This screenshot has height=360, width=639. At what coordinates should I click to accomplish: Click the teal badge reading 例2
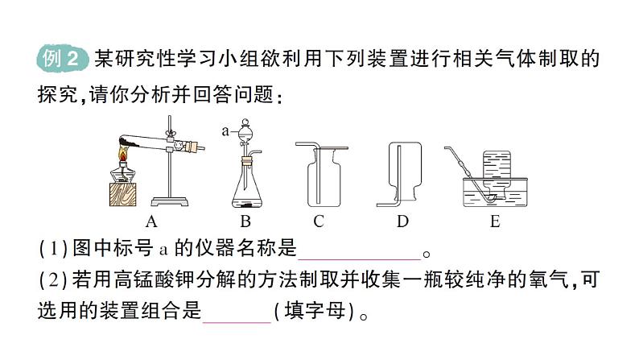[62, 58]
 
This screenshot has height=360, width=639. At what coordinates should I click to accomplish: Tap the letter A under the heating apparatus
[151, 221]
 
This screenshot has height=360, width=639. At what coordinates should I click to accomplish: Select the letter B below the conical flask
[245, 221]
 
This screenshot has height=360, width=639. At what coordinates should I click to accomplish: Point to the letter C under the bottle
[319, 221]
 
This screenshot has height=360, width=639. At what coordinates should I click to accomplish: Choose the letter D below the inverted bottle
[402, 221]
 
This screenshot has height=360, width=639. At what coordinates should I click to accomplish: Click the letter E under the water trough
[495, 221]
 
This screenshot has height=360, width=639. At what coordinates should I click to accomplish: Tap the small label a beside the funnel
[225, 131]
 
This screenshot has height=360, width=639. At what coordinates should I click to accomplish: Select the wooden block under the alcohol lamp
[123, 194]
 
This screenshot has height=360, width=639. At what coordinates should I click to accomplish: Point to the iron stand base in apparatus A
[170, 201]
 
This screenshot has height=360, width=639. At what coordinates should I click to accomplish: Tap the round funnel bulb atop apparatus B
[245, 130]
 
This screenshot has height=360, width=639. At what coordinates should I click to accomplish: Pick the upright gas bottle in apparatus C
[324, 178]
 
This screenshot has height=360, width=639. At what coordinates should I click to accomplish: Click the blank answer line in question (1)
[359, 259]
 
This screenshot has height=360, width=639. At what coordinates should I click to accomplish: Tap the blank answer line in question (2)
[237, 322]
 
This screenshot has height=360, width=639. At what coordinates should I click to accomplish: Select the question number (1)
[53, 248]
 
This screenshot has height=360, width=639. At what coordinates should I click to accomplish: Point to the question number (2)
[53, 279]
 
